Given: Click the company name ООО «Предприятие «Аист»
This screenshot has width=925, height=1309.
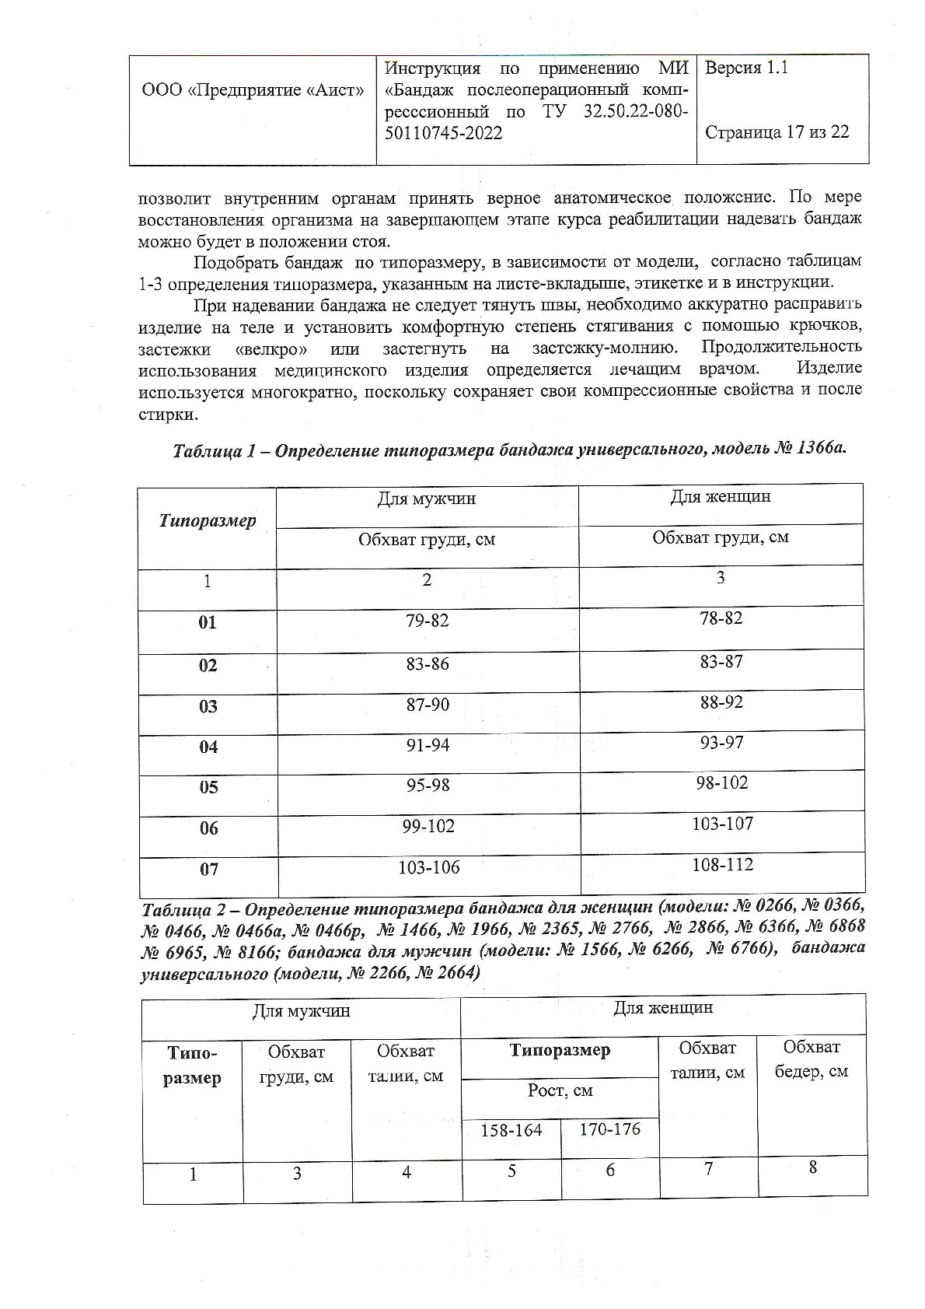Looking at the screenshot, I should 253,90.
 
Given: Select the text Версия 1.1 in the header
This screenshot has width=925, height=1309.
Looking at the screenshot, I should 746,68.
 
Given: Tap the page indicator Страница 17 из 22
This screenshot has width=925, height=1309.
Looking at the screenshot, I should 777,131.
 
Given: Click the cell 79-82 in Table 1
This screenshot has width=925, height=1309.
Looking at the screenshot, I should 427,621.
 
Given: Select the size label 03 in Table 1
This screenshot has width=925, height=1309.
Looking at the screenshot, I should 208,706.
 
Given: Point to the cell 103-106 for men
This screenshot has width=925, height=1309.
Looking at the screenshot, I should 428,867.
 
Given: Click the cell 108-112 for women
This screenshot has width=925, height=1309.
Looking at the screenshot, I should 722,864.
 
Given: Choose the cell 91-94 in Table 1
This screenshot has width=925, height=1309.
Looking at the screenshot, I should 427,745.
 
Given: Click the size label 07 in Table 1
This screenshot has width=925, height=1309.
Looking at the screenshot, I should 209,869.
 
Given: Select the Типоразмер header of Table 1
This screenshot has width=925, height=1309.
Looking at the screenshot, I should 208,520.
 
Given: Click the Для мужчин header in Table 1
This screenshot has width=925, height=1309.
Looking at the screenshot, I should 427,499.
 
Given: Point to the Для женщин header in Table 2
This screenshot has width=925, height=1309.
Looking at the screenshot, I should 662,1008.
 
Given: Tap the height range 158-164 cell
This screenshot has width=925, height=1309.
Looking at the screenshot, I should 511,1130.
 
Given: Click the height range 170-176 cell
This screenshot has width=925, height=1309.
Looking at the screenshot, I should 609,1129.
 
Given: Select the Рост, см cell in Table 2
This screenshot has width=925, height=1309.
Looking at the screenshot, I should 560,1090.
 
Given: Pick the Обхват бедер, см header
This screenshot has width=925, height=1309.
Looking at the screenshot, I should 812,1059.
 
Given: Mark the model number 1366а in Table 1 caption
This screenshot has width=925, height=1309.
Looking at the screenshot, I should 819,450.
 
